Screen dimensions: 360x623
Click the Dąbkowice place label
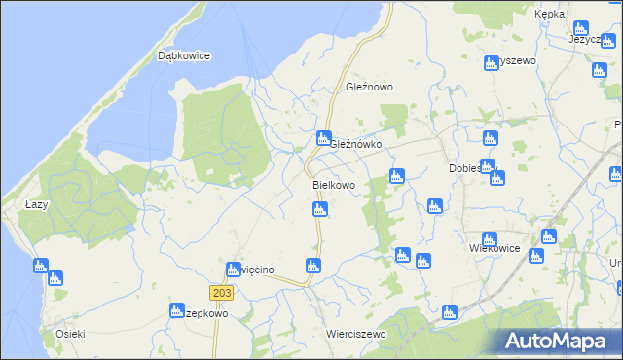tap(184, 56)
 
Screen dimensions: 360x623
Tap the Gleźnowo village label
tap(369, 87)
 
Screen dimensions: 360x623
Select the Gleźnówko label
tap(355, 144)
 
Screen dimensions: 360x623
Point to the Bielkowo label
tap(334, 184)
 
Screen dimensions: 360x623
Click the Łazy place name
tap(36, 204)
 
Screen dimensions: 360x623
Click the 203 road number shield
tap(221, 293)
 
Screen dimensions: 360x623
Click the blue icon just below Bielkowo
tap(319, 209)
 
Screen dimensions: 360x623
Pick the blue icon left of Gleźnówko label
tap(323, 139)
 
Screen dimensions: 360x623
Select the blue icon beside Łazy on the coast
tap(40, 265)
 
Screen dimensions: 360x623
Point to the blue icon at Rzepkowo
tap(178, 311)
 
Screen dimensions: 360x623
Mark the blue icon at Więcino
tap(233, 270)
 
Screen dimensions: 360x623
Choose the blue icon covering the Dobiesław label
tap(488, 166)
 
